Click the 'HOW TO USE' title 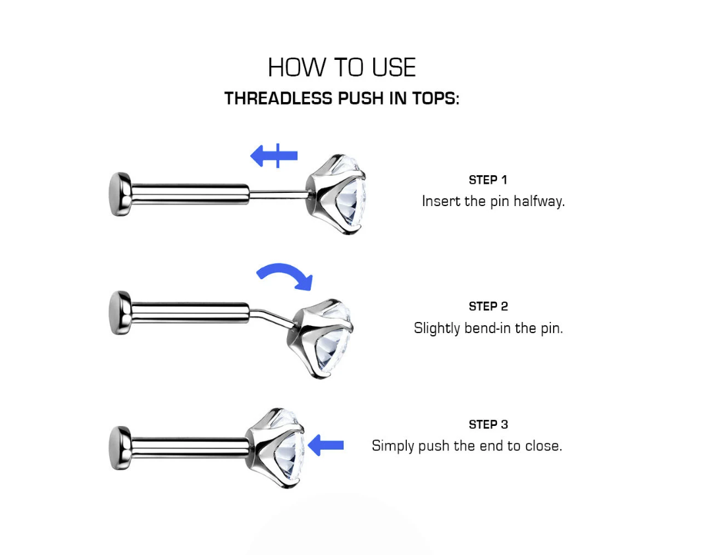342,68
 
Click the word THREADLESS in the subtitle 278,98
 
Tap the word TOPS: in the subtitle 436,98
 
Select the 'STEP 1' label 488,180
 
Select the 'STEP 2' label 488,307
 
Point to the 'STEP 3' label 488,424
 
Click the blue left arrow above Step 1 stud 274,155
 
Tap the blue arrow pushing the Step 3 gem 326,446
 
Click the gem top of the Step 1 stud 336,194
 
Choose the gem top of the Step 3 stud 276,448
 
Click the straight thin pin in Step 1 278,194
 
